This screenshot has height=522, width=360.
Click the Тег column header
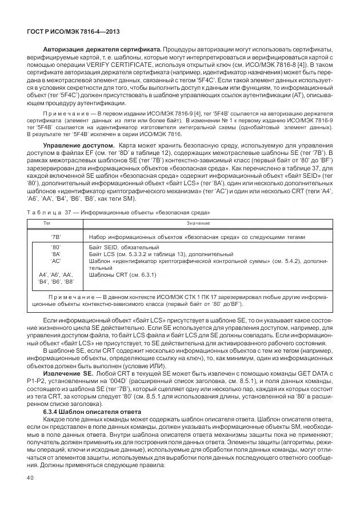point(56,223)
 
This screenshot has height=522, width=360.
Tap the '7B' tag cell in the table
point(56,237)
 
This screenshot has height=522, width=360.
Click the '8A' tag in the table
point(56,253)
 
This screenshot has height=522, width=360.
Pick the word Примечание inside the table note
point(73,297)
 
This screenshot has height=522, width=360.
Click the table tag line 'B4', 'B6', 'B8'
point(56,281)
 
